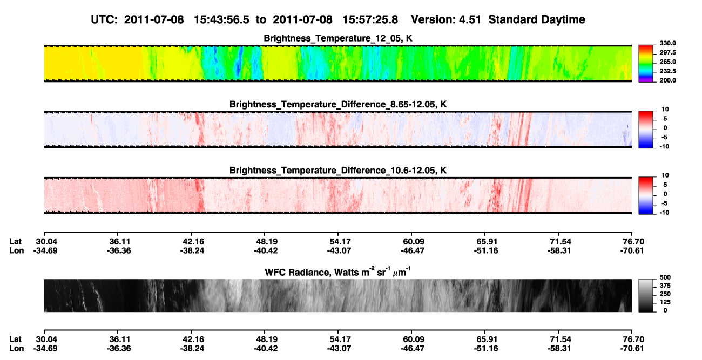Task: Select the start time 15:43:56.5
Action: (x=221, y=20)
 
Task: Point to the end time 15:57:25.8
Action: (x=370, y=20)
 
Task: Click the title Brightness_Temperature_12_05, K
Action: (x=338, y=38)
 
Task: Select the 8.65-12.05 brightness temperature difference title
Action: (x=338, y=104)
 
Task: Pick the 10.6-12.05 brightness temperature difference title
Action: (x=338, y=171)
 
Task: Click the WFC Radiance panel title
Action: (x=338, y=272)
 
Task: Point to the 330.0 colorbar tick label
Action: (x=667, y=43)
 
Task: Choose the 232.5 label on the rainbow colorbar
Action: (x=667, y=71)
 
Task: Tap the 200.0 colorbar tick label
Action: (x=667, y=80)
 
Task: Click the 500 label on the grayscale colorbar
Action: (x=665, y=277)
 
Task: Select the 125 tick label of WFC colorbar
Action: (x=665, y=302)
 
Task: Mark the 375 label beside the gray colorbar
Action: (x=665, y=286)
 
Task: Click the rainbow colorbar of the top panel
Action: (x=646, y=64)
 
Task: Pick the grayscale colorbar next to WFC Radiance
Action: (x=646, y=295)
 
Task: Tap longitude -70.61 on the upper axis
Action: (x=632, y=250)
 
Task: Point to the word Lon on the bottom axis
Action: (x=16, y=349)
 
